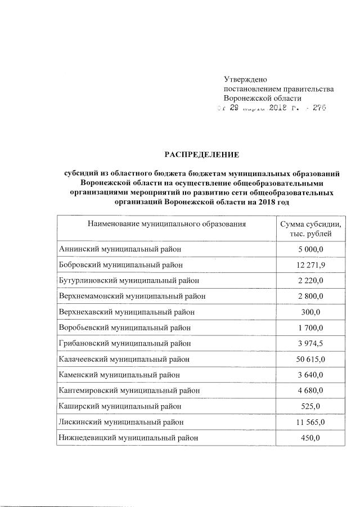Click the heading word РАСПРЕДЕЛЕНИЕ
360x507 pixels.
[x=201, y=154]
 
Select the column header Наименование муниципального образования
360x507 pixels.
[x=167, y=225]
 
